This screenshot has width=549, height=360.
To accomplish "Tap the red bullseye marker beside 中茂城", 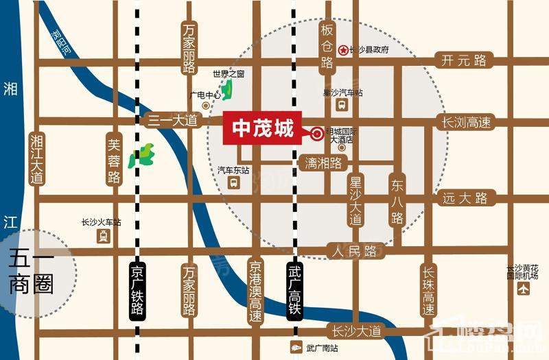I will (x=317, y=134).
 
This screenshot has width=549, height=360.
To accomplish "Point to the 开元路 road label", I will (x=465, y=61).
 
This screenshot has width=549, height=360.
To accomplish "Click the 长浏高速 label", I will (x=466, y=123).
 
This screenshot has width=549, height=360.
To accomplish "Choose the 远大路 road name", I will (x=465, y=198).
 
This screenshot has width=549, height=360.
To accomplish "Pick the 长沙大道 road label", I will (x=353, y=331).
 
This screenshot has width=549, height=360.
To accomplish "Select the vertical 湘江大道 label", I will (x=36, y=158).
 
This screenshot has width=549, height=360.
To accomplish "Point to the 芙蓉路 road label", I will (x=115, y=160).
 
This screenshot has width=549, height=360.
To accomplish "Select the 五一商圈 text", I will (x=32, y=272).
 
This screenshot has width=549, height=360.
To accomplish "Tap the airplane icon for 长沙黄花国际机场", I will (x=525, y=289).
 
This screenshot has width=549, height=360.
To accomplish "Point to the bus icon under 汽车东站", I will (x=233, y=183).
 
